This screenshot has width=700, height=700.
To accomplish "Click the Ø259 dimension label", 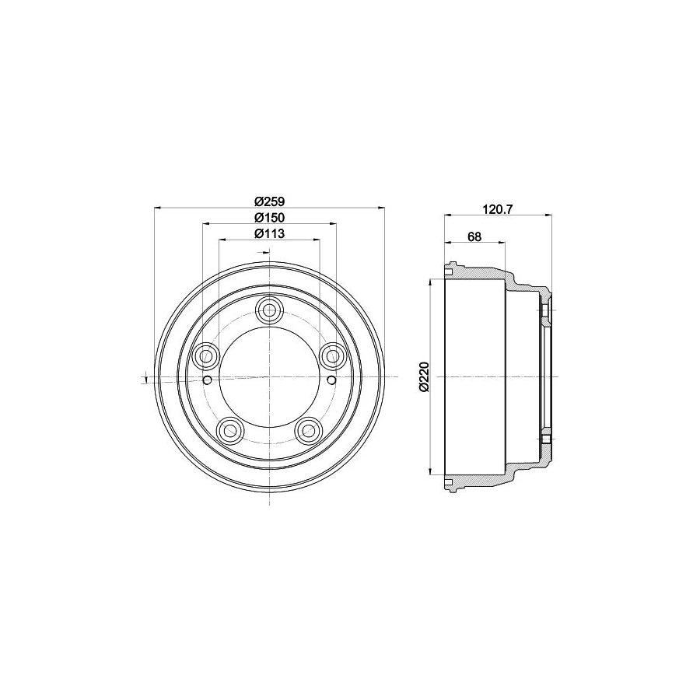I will coord(269,199).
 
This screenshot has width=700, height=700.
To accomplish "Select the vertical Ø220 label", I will coord(423,376).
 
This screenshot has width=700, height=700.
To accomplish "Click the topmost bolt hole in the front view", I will coord(269,310).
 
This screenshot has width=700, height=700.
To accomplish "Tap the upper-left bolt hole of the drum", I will coord(207,356).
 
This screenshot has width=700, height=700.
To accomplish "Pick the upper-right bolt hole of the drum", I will coord(332,356).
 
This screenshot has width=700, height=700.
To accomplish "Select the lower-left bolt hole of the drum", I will coord(230,429).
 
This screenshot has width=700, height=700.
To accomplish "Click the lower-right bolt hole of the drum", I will coord(309,429).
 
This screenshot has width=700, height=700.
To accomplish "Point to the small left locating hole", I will coord(208,380).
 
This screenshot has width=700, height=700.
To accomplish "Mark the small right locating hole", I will coord(331,380).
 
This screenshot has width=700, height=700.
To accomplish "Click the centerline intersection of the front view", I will coord(269,377).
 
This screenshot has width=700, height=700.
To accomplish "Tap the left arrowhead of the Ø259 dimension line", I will coord(159,208).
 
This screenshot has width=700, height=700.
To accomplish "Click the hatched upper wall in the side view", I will coord(482,275).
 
